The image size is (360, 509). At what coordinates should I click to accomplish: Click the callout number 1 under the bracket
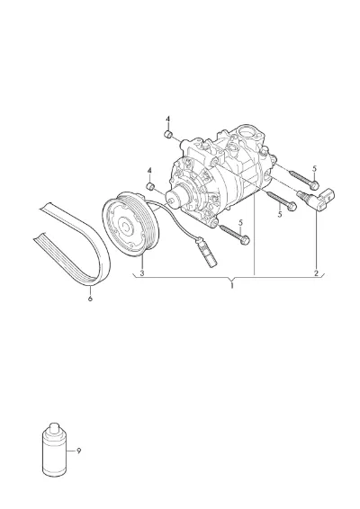pyautogui.click(x=232, y=286)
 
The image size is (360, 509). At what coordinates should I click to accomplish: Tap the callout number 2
pyautogui.click(x=316, y=273)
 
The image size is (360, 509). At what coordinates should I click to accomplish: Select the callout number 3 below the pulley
pyautogui.click(x=142, y=273)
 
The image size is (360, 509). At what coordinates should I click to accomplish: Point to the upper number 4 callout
pyautogui.click(x=167, y=119)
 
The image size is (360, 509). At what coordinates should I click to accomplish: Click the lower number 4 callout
pyautogui.click(x=149, y=171)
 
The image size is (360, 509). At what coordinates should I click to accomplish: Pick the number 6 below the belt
pyautogui.click(x=90, y=298)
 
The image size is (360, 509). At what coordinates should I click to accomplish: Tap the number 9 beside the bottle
pyautogui.click(x=78, y=451)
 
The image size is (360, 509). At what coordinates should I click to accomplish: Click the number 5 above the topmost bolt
pyautogui.click(x=314, y=168)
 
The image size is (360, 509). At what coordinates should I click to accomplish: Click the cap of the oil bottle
pyautogui.click(x=54, y=427)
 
